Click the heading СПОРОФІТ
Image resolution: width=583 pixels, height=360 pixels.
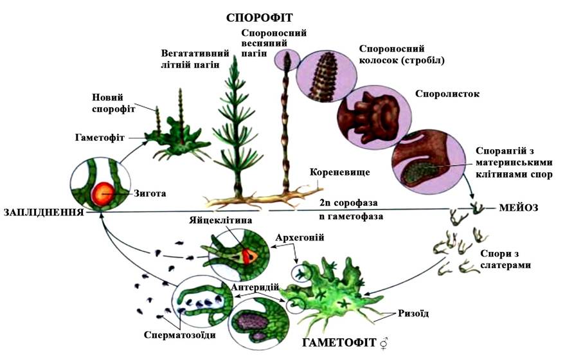[x=259, y=17]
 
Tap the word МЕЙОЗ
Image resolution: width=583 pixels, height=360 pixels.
[x=518, y=208]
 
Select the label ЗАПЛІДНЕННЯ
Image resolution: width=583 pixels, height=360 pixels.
[x=44, y=212]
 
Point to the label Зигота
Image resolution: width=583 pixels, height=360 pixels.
[x=150, y=194]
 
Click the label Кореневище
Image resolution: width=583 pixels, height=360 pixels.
[x=339, y=172]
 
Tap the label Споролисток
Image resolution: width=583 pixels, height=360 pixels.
[x=447, y=93]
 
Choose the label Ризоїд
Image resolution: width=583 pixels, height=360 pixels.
[x=413, y=313]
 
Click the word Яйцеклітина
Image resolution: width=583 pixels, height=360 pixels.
[x=220, y=220]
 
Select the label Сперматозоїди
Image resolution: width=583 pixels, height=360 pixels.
[x=179, y=335]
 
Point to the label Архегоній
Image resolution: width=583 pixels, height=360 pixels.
[x=300, y=237]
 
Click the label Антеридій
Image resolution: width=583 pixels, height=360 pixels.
[x=255, y=287]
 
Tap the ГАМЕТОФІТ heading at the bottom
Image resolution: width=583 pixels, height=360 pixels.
[x=339, y=343]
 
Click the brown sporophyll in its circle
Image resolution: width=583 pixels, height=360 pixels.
[x=373, y=115]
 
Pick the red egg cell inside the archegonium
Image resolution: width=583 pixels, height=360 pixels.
[x=249, y=256]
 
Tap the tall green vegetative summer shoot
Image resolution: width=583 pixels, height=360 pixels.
[x=236, y=125]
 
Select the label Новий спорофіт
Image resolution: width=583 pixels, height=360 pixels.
[x=113, y=103]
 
